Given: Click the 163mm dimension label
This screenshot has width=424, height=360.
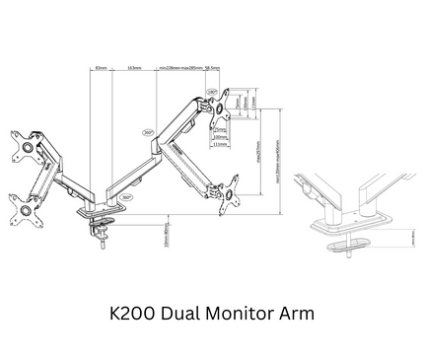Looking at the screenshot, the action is click(133, 68).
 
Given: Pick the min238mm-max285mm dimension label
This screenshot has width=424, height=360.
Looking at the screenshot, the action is click(180, 68).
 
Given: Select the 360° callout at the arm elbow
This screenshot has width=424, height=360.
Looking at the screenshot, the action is click(148, 132).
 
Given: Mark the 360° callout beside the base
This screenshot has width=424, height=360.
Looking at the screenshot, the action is click(125, 196).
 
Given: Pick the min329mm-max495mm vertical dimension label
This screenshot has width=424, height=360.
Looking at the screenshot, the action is click(279, 168).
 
